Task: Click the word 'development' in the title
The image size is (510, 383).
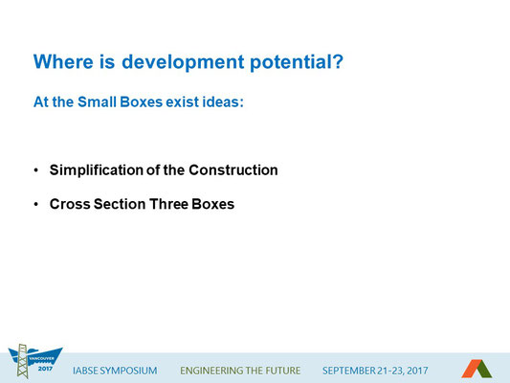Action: click(x=183, y=62)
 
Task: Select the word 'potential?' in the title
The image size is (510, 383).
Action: click(x=297, y=62)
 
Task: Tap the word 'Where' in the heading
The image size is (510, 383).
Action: click(x=63, y=61)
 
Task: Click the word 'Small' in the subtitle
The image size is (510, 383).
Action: click(x=97, y=101)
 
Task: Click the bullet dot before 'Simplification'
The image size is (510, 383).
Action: click(x=35, y=170)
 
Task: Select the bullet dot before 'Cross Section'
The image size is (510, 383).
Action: click(x=35, y=204)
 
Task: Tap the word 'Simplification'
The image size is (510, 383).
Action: click(x=97, y=170)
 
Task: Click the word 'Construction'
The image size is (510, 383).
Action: click(x=233, y=170)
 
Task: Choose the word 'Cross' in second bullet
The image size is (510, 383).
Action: click(x=70, y=204)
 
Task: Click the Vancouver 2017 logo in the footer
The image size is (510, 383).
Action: click(x=34, y=361)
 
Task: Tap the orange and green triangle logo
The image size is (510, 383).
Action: click(x=477, y=369)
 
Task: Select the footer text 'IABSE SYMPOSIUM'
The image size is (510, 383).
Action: click(x=115, y=371)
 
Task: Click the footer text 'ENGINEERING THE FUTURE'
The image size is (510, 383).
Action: click(x=240, y=371)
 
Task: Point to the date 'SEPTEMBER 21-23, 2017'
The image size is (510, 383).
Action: click(x=375, y=371)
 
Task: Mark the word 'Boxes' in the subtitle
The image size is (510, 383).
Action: click(x=142, y=101)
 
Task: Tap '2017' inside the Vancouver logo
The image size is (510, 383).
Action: click(x=45, y=369)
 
